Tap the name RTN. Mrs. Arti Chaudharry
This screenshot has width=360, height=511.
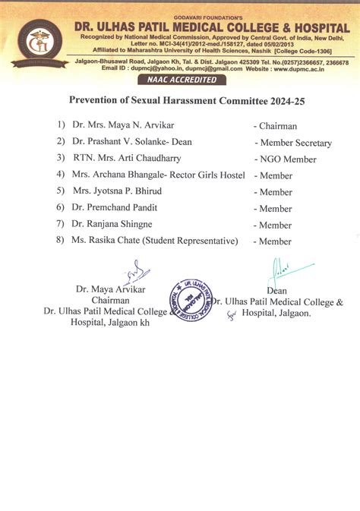pos(127,159)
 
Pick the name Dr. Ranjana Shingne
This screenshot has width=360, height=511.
pos(112,225)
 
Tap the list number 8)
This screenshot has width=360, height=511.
pos(60,241)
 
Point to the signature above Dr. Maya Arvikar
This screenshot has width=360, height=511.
pos(132,271)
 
